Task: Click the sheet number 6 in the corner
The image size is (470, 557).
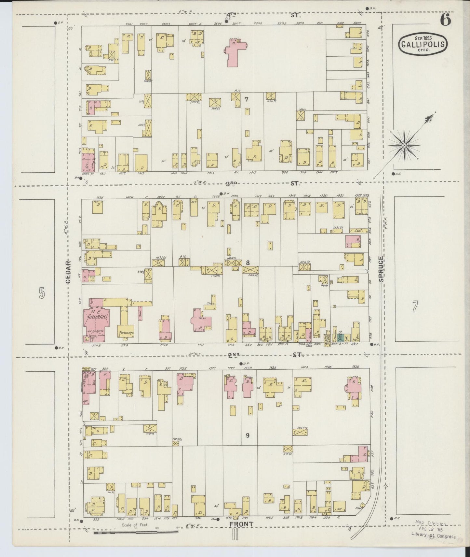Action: (445, 20)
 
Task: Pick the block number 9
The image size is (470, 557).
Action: (248, 435)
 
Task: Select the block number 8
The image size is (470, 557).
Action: (248, 263)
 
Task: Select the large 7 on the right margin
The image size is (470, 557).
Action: (415, 307)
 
